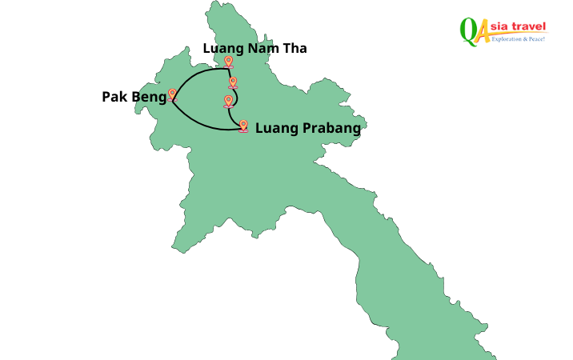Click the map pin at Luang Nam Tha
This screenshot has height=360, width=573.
coord(229,62)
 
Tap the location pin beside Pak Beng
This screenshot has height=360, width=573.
coord(172,94)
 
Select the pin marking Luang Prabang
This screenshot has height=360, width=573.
coord(243,126)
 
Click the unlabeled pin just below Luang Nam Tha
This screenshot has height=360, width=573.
coord(233,82)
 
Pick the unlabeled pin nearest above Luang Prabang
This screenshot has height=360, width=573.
coord(229,101)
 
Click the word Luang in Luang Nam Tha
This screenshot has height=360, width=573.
coord(222,49)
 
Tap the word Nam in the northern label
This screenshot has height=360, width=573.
coord(261,49)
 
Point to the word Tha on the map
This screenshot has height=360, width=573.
coord(295,49)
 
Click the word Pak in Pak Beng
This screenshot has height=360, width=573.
coord(114,97)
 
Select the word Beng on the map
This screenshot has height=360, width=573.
coord(150,98)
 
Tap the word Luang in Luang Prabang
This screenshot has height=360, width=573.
coord(274,128)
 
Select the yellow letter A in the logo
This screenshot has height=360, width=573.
coord(483,32)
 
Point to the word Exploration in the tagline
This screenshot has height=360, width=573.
coord(507,38)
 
